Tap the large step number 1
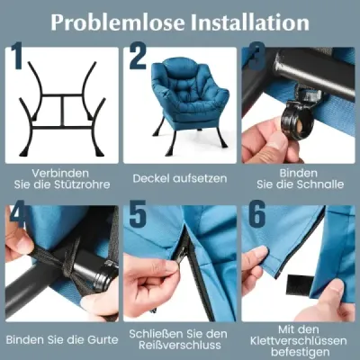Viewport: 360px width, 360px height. tap(17, 57)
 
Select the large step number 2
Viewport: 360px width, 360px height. tap(138, 57)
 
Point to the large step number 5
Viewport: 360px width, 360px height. tap(138, 214)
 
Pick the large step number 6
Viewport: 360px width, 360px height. tap(256, 214)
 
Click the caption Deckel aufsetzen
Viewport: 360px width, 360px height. tap(180, 178)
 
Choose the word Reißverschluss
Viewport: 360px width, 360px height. tap(180, 345)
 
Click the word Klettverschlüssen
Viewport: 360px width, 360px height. tap(299, 341)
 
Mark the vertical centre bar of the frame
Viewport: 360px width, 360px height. tap(63, 112)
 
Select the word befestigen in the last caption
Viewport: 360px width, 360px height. tap(299, 352)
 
